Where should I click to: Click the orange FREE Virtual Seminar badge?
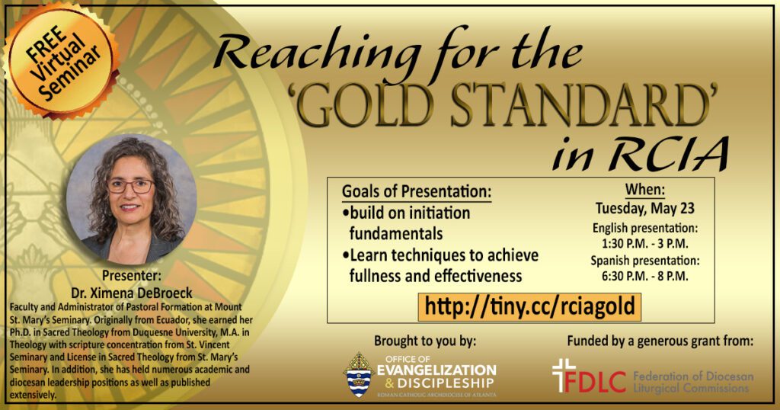pyautogui.click(x=62, y=60)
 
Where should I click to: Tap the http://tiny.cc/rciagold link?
pyautogui.click(x=530, y=307)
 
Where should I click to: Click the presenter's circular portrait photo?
pyautogui.click(x=131, y=199)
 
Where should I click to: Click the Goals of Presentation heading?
pyautogui.click(x=417, y=191)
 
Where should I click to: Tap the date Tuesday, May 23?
pyautogui.click(x=644, y=209)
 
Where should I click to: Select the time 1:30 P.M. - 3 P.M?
pyautogui.click(x=645, y=244)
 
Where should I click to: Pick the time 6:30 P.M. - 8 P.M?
pyautogui.click(x=645, y=276)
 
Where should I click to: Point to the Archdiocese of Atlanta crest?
pyautogui.click(x=359, y=375)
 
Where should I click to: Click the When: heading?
pyautogui.click(x=644, y=190)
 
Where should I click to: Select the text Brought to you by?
pyautogui.click(x=425, y=341)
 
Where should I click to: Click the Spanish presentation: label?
pyautogui.click(x=645, y=260)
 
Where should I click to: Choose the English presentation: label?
pyautogui.click(x=645, y=229)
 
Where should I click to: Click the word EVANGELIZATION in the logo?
pyautogui.click(x=436, y=370)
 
